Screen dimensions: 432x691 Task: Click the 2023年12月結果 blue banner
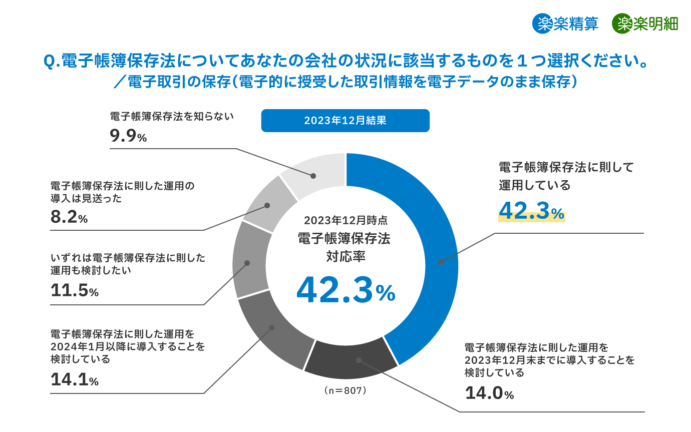tap(345, 121)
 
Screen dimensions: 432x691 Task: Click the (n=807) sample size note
tap(345, 390)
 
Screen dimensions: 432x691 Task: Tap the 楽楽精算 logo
tap(565, 24)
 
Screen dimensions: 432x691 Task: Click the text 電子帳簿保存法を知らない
tap(172, 117)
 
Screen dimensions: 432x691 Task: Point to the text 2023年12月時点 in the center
tap(345, 220)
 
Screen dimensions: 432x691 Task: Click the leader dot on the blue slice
tap(441, 262)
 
